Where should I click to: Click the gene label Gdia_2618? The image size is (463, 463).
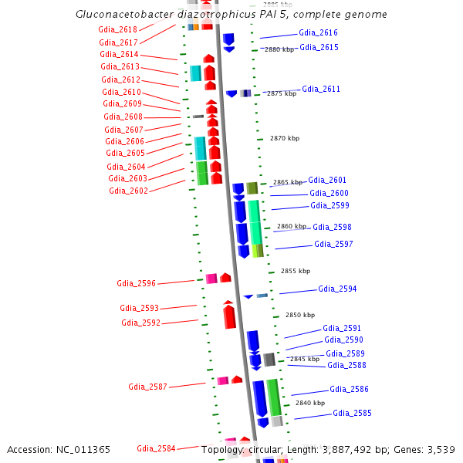pyautogui.click(x=117, y=29)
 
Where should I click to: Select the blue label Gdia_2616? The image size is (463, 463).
pyautogui.click(x=318, y=33)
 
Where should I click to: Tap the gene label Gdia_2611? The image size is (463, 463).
pyautogui.click(x=321, y=90)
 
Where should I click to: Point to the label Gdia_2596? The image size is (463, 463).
pyautogui.click(x=136, y=283)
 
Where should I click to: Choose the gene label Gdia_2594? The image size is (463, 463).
pyautogui.click(x=337, y=289)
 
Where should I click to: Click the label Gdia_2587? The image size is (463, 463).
pyautogui.click(x=147, y=386)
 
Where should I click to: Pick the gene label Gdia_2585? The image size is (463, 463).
pyautogui.click(x=352, y=414)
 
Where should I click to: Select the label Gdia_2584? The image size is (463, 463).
pyautogui.click(x=156, y=448)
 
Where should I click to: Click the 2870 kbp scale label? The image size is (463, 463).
pyautogui.click(x=285, y=138)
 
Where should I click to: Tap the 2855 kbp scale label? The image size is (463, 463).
pyautogui.click(x=296, y=271)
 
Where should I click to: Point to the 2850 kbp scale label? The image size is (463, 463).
pyautogui.click(x=300, y=315)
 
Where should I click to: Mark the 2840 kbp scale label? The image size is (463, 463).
pyautogui.click(x=310, y=403)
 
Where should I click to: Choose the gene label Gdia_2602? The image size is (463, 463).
pyautogui.click(x=128, y=191)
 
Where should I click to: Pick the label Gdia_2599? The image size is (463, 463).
pyautogui.click(x=330, y=206)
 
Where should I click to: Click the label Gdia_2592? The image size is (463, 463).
pyautogui.click(x=140, y=323)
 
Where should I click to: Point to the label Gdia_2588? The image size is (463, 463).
pyautogui.click(x=346, y=366)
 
